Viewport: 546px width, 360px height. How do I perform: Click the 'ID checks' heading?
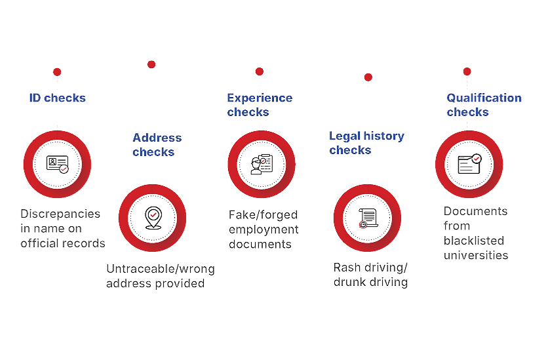tap(58, 98)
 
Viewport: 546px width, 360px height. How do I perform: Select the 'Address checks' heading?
tap(157, 145)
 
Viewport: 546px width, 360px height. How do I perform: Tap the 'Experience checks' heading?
tap(260, 105)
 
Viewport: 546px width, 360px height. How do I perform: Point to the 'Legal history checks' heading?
tap(366, 142)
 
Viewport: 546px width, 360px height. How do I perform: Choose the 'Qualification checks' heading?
tap(484, 105)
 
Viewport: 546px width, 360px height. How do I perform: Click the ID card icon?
tap(58, 164)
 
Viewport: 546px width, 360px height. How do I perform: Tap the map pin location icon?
tap(153, 218)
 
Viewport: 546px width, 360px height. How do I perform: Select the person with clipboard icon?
tap(262, 164)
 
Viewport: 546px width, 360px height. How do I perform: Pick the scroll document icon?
tap(368, 218)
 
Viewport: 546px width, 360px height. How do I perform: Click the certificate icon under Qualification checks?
tap(469, 164)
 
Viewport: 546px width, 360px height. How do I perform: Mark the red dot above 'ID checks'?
tap(57, 72)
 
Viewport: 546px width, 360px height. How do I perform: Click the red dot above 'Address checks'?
tap(151, 64)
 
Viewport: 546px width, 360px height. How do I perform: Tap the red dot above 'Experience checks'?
tap(260, 71)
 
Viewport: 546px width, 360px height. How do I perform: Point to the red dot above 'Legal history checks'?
tap(368, 77)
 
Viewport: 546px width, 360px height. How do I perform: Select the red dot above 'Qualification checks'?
tap(467, 71)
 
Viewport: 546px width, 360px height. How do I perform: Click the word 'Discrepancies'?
tap(60, 214)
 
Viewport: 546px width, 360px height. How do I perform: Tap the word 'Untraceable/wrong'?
tap(161, 269)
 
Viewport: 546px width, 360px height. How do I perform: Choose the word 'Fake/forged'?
tap(263, 214)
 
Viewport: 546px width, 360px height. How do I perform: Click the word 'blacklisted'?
tap(474, 241)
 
